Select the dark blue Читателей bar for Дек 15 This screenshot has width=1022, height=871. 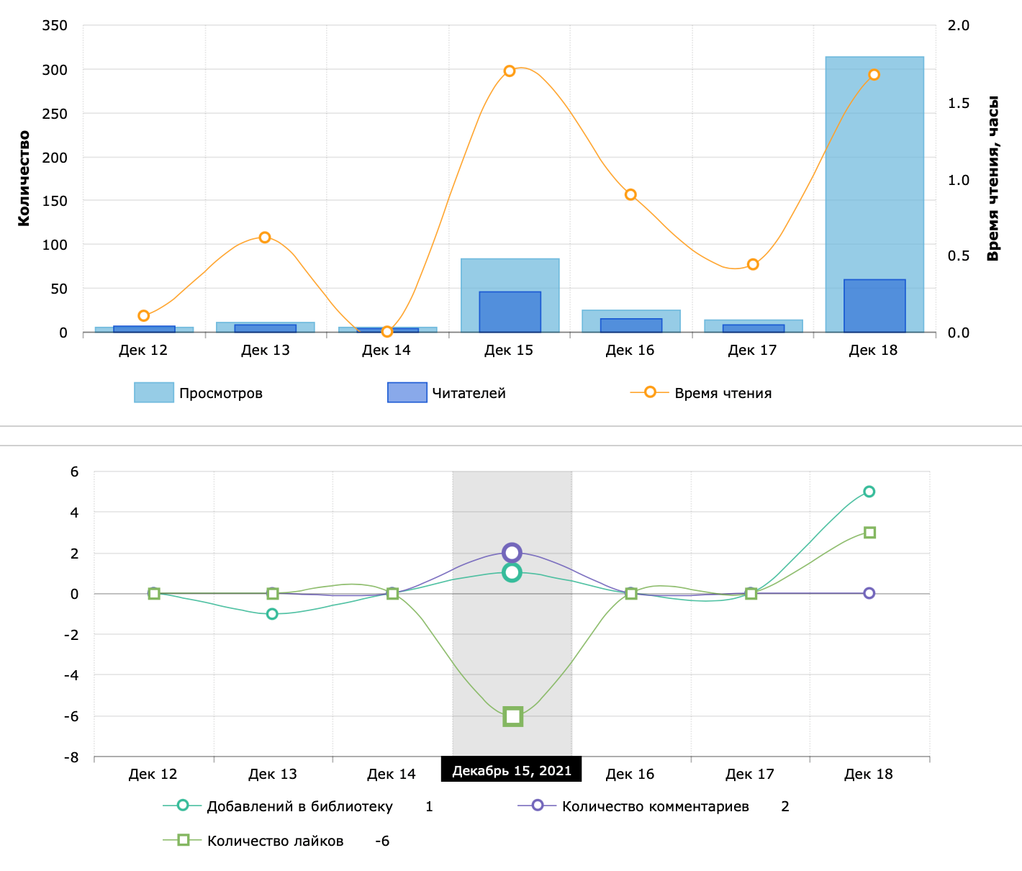coord(510,312)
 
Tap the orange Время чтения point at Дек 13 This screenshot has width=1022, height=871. coord(265,238)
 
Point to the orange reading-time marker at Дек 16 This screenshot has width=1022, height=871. coord(630,195)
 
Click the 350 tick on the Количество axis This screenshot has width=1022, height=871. coord(55,26)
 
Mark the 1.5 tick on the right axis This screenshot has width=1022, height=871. coord(958,103)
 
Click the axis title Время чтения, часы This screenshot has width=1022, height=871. coord(993,178)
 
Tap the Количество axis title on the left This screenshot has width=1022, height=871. coord(24,178)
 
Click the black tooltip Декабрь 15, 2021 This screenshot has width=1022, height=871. coord(511,771)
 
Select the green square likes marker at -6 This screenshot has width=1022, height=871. coord(512,716)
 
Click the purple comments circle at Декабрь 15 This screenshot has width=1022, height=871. coord(512,553)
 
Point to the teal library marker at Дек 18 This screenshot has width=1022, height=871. coord(869,492)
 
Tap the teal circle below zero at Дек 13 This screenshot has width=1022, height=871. coord(272,614)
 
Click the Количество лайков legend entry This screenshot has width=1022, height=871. coord(275,841)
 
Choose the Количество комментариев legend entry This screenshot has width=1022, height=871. coord(655,806)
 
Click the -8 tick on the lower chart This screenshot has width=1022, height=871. coord(71,757)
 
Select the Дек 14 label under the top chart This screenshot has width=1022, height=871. coord(386,351)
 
